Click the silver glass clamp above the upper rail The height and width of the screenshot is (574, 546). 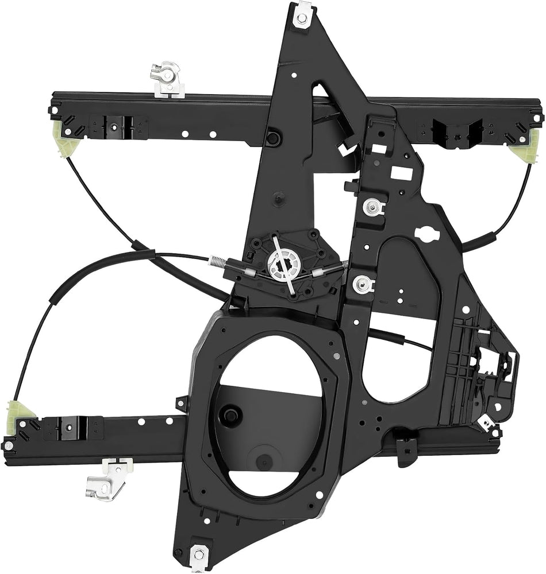(167, 79)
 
